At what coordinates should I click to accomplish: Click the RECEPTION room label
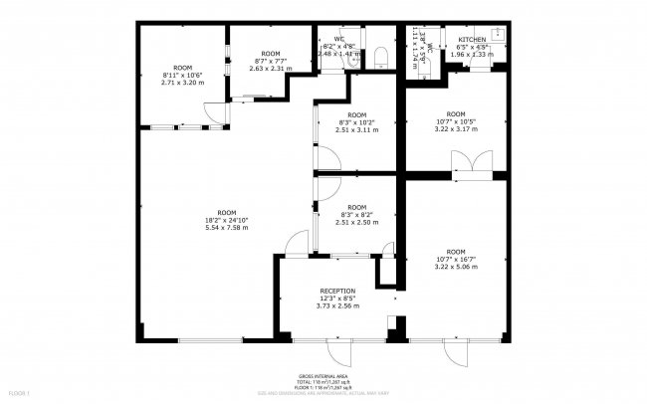coord(337,291)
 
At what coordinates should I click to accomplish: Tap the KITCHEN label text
coord(472,39)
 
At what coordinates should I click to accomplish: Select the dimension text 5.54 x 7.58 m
coord(227,228)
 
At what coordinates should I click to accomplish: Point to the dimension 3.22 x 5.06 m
coord(456,267)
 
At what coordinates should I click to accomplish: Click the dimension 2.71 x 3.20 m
coord(181,83)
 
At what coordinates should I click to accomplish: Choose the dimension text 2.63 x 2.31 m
coord(270,68)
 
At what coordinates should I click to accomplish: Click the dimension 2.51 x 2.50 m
coord(356,223)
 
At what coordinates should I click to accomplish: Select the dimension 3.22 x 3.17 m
coord(456,128)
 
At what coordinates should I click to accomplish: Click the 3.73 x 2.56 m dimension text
coord(337,305)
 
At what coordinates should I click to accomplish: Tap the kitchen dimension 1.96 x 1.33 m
coord(472,54)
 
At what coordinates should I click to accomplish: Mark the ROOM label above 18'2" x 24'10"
coord(227,212)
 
